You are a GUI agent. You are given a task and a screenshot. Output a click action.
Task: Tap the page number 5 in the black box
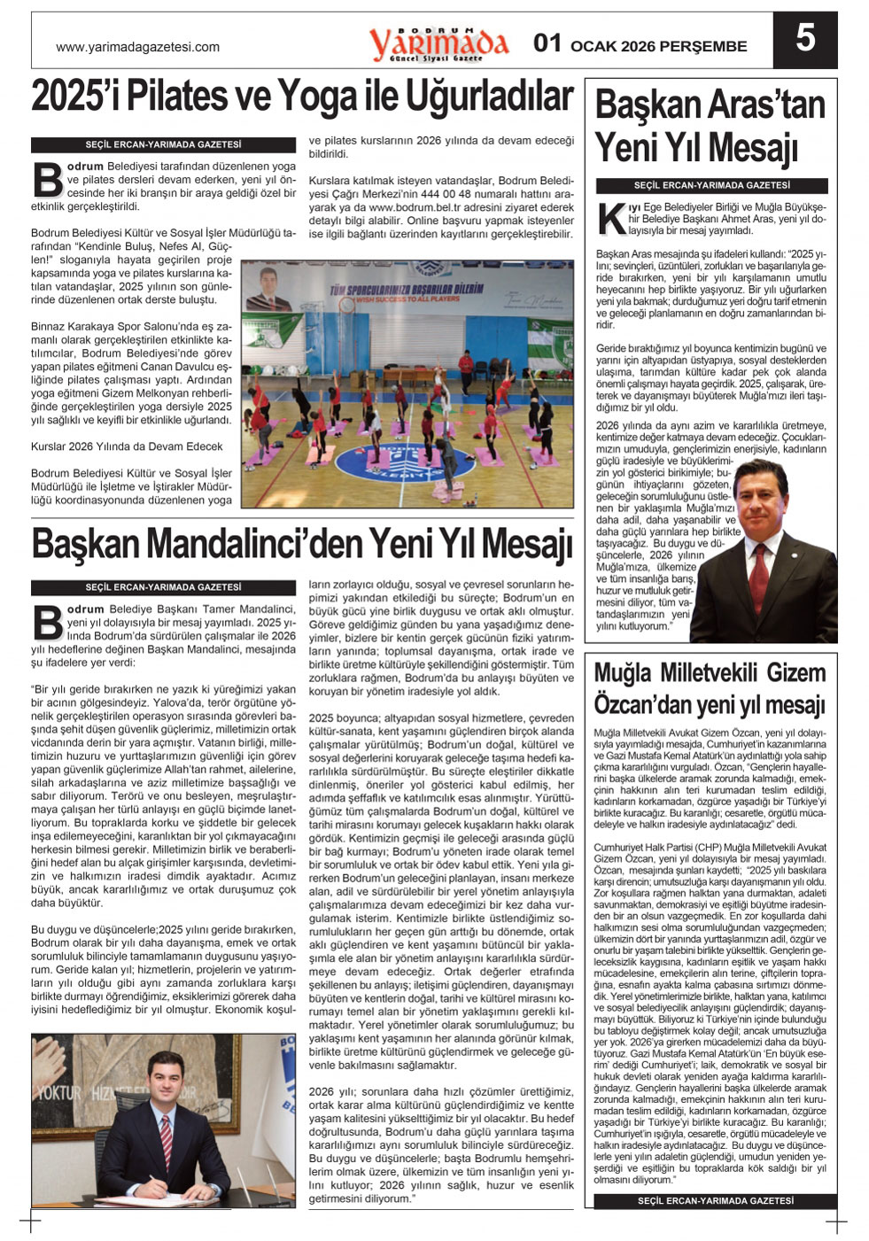point(804,40)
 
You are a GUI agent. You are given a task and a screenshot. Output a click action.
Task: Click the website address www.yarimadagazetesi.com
point(137,48)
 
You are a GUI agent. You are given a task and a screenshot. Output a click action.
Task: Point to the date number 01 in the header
point(547,43)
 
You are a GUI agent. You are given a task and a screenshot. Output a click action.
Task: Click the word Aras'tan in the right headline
point(770,105)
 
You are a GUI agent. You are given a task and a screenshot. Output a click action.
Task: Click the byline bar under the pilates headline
point(163,144)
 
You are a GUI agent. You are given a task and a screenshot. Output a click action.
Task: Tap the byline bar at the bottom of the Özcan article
point(715,1201)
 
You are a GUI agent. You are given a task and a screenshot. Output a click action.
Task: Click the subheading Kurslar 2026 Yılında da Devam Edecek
point(127,446)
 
